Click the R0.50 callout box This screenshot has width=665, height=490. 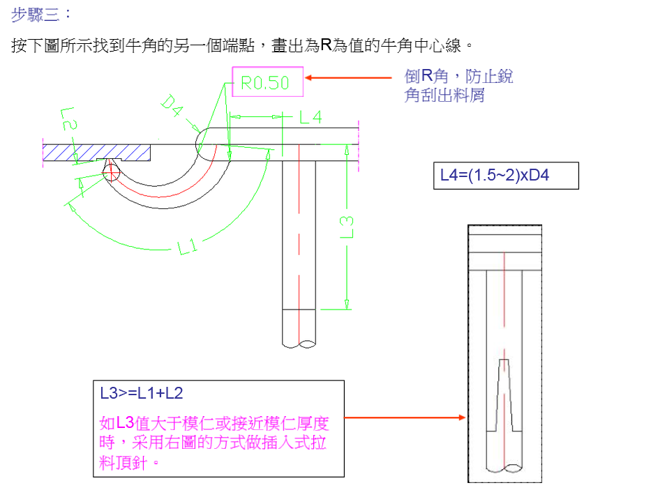click(268, 83)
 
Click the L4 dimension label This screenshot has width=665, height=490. click(311, 118)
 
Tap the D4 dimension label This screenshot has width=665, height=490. click(171, 106)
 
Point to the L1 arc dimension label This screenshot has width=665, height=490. click(188, 247)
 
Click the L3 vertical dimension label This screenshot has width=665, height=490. click(346, 227)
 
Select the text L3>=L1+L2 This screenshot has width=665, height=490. click(142, 394)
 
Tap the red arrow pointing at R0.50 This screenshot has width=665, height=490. click(349, 78)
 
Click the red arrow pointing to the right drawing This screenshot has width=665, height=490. click(405, 418)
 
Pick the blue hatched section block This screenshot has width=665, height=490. click(96, 152)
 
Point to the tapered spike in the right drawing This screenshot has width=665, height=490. click(507, 394)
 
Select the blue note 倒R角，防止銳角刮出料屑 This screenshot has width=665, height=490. click(458, 86)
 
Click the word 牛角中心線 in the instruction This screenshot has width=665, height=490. click(428, 47)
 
